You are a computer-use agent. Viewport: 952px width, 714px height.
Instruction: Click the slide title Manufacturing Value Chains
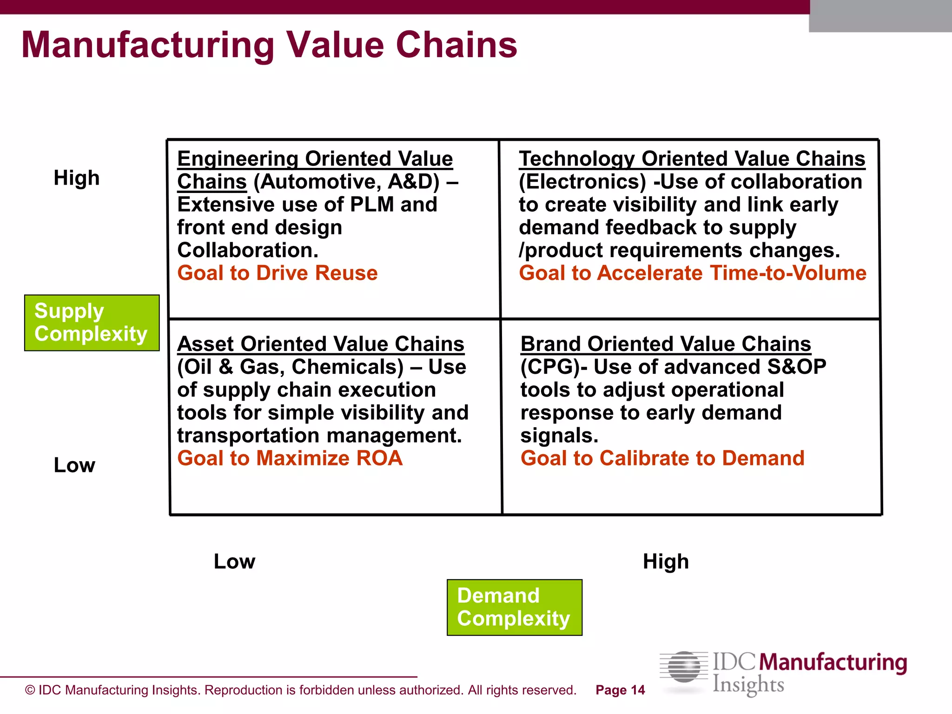[x=269, y=45]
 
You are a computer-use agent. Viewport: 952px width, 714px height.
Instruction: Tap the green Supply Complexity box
[x=92, y=323]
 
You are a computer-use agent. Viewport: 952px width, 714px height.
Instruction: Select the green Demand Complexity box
[x=514, y=607]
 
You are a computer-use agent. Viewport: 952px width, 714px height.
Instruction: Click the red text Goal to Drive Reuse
[x=278, y=273]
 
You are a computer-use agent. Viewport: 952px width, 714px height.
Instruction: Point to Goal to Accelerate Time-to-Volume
[x=692, y=273]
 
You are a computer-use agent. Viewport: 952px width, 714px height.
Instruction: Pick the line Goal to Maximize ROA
[x=290, y=458]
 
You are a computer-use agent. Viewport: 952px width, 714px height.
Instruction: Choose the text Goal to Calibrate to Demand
[x=662, y=458]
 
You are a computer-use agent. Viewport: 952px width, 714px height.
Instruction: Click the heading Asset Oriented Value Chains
[x=321, y=344]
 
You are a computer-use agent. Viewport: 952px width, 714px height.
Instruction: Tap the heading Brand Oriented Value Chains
[x=666, y=344]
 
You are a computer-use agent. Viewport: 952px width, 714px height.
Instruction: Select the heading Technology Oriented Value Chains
[x=692, y=159]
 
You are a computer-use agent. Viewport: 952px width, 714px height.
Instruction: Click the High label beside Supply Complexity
[x=77, y=178]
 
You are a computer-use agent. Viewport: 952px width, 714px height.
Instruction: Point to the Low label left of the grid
[x=74, y=465]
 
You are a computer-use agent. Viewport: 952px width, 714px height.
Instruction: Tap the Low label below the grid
[x=234, y=562]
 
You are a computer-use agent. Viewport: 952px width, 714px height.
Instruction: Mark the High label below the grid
[x=666, y=562]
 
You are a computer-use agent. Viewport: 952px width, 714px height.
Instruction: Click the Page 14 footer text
[x=620, y=690]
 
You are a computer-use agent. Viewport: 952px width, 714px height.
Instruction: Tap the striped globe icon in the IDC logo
[x=684, y=668]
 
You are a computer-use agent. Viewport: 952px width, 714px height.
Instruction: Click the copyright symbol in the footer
[x=30, y=690]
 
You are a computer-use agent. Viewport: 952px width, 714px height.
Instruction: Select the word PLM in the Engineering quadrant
[x=372, y=205]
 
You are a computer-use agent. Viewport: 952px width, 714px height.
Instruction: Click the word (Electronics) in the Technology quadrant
[x=582, y=182]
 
